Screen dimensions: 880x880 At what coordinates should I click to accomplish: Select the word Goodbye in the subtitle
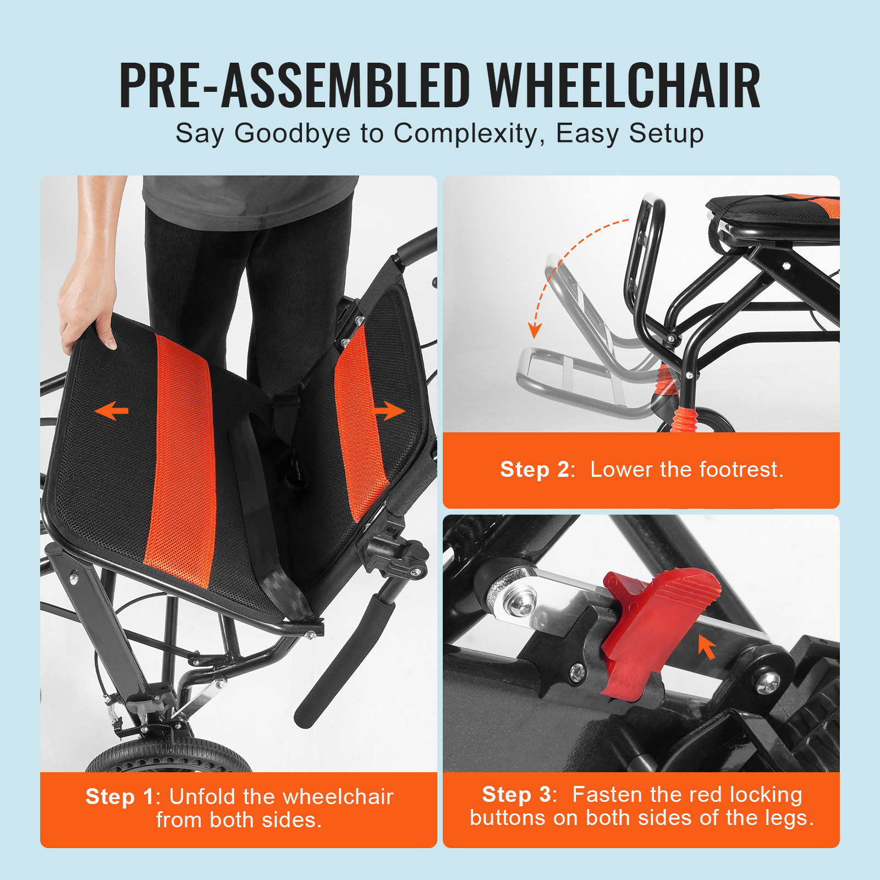coord(293,134)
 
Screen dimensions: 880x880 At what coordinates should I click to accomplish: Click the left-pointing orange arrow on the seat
coord(111,410)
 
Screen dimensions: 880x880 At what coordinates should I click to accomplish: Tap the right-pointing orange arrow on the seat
coord(389,410)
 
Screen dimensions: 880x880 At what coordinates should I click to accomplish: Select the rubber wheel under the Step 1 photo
coord(168,756)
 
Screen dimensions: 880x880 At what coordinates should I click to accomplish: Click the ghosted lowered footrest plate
coord(572,380)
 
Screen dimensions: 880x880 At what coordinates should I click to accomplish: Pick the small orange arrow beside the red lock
coord(707,647)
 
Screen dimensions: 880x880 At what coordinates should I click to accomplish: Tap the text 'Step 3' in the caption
coord(516,794)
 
